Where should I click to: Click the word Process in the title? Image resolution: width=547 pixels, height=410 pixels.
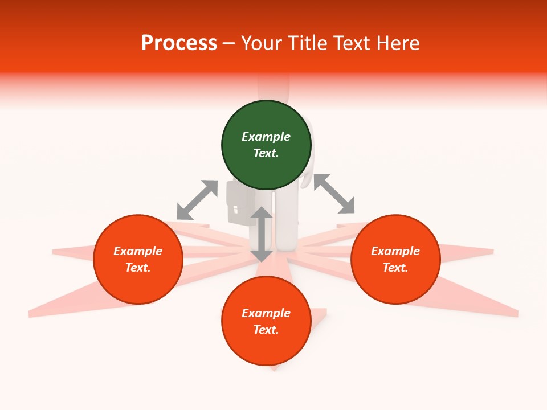(x=179, y=43)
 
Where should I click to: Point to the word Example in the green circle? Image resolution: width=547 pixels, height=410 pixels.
(x=266, y=137)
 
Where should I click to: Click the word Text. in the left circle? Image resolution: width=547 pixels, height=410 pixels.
(x=138, y=268)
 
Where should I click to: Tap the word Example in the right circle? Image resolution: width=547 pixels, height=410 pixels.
(x=395, y=251)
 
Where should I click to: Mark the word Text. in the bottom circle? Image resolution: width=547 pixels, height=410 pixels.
(x=266, y=330)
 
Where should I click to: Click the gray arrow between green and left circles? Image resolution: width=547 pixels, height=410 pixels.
(x=197, y=200)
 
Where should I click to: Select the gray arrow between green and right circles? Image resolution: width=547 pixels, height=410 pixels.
(x=334, y=194)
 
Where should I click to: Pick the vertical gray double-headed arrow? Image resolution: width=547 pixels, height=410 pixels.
(x=262, y=234)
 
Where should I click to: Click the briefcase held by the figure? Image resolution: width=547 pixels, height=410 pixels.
(x=239, y=203)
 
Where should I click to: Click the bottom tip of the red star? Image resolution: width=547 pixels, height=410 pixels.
(x=275, y=370)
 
